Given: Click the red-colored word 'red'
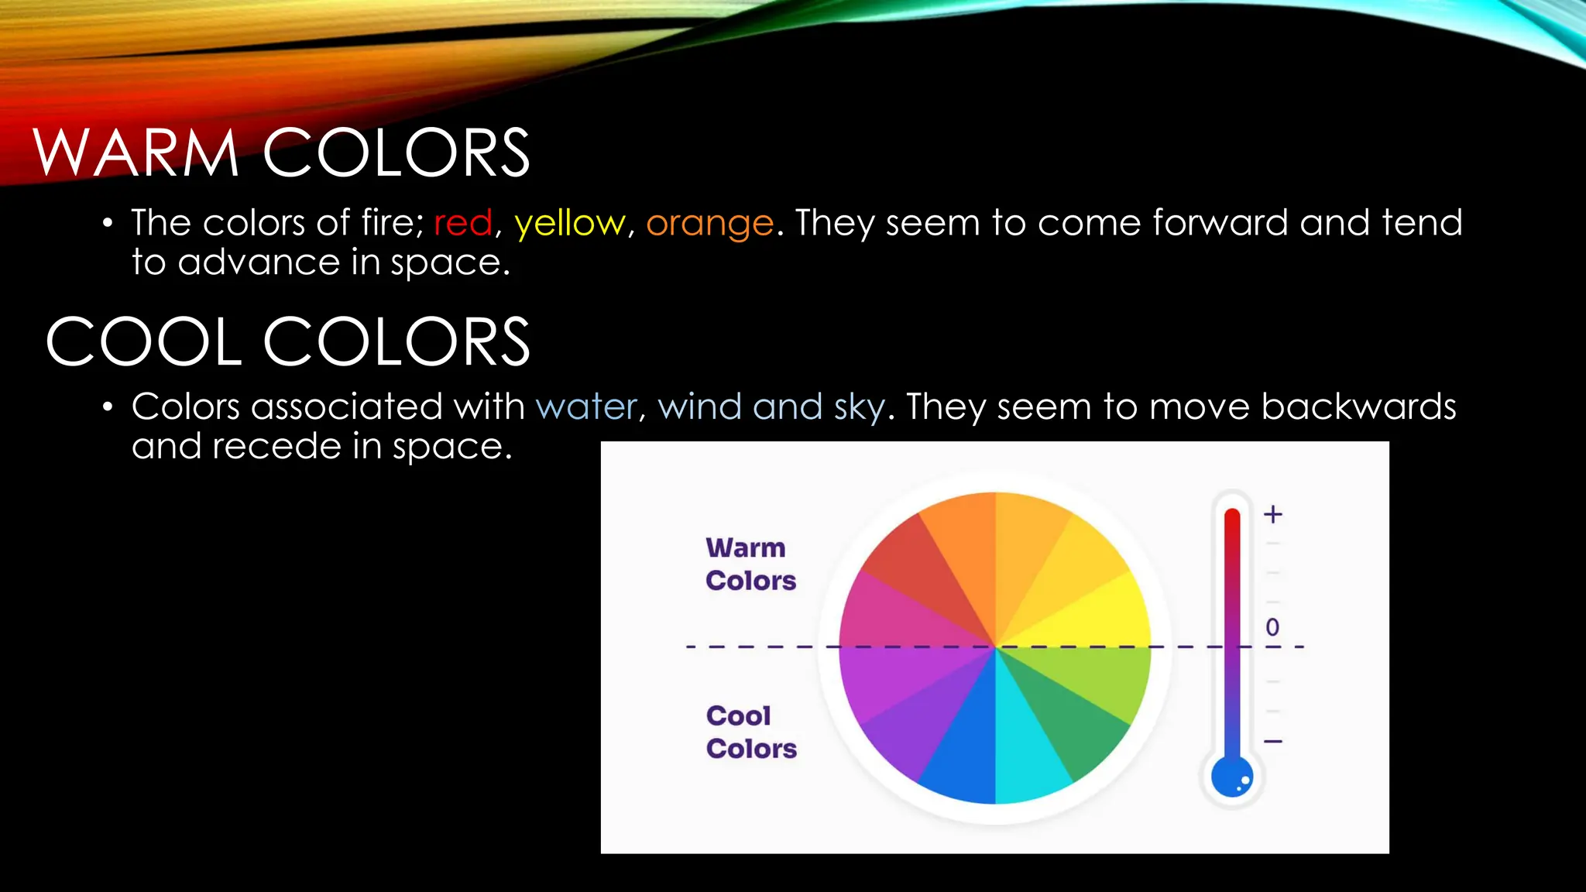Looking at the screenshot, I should click(463, 223).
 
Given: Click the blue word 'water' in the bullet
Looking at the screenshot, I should click(586, 407).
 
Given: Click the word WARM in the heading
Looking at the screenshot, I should click(136, 153).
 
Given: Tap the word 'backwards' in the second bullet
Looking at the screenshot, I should click(1358, 407).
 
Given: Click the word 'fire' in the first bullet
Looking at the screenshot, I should click(388, 223).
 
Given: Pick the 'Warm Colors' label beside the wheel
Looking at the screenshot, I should click(750, 564).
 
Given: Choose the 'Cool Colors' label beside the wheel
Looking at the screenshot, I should click(750, 732).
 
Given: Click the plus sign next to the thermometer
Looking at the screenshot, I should click(1273, 514).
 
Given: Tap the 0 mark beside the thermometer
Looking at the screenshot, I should click(1272, 627).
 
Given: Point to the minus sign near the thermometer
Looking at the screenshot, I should click(1273, 741).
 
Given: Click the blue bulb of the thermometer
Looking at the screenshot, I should click(1231, 777).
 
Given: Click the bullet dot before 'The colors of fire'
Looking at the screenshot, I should click(108, 224).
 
